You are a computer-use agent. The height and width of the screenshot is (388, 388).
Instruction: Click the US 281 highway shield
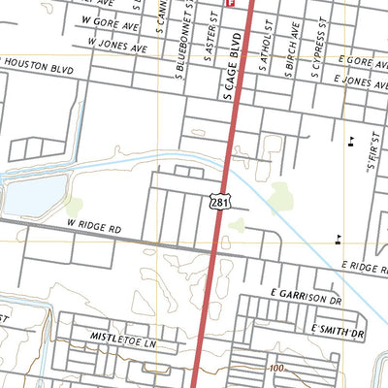pos(220,200)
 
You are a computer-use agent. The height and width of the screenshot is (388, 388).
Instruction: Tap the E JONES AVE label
pos(361,84)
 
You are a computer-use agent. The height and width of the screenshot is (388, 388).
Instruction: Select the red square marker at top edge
pos(230,3)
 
